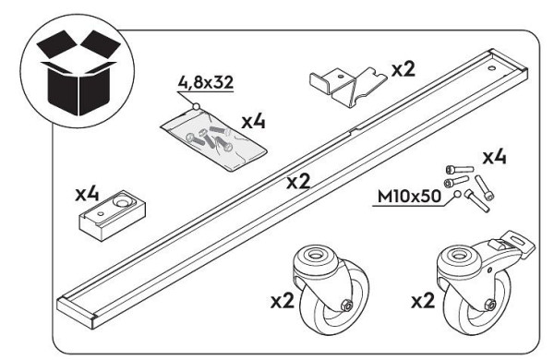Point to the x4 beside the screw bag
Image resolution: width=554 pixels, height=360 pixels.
pos(254,121)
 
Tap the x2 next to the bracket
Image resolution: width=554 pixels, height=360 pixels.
pos(403,69)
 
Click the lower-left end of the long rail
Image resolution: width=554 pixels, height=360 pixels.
pos(78,309)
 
